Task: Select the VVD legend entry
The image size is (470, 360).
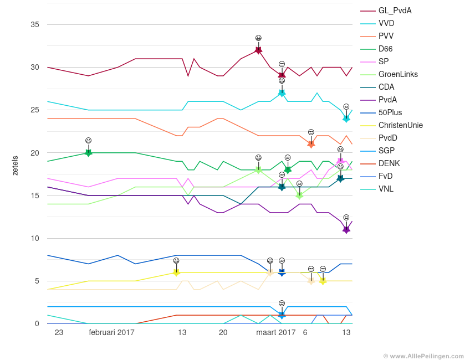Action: [386, 23]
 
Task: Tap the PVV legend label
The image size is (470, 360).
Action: [386, 36]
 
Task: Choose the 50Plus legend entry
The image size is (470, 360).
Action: [390, 112]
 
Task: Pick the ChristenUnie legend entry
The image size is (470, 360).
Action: [400, 125]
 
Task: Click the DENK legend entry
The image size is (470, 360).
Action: [389, 163]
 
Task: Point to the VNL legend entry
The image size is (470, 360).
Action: [386, 189]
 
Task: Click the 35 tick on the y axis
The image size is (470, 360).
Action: [35, 24]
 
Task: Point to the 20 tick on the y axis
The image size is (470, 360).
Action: [35, 153]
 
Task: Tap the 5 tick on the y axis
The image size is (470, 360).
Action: [37, 281]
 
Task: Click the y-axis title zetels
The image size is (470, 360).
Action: [15, 166]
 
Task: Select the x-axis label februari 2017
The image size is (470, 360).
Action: [111, 332]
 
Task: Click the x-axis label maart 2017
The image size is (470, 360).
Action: [276, 332]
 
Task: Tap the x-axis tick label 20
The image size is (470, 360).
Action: [223, 332]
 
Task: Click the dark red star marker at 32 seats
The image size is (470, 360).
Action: [258, 50]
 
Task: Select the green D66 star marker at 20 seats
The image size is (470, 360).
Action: [88, 153]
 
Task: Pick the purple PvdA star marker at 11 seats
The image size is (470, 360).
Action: [346, 230]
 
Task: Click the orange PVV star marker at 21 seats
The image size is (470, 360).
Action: [311, 145]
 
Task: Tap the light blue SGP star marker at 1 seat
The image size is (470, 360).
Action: [282, 315]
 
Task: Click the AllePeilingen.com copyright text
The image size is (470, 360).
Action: [423, 356]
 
